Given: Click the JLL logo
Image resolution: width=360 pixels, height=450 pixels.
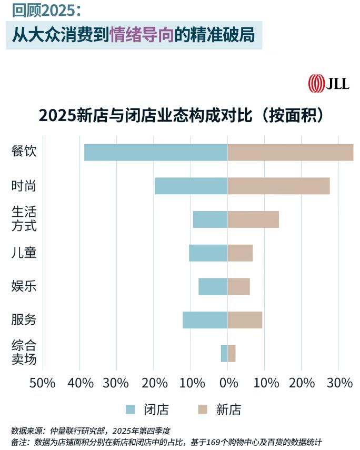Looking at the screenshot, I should pos(328,83).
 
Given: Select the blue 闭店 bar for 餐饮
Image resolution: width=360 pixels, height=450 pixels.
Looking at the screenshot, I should pos(156,152).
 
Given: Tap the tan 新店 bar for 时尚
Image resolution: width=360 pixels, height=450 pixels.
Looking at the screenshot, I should pos(278,186).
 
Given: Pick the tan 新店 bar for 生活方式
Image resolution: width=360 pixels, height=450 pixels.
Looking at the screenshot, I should pos(253,219).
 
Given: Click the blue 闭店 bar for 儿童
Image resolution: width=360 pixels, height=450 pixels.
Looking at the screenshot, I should pos(208,253).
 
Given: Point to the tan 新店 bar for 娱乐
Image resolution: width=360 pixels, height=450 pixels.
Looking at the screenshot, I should pos(239,286).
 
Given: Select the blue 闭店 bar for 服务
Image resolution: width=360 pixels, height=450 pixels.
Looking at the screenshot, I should pos(205,320).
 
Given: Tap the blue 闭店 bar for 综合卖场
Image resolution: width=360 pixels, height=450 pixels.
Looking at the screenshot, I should pos(224,354).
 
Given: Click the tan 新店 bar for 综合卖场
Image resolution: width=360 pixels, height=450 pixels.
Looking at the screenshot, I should pos(232,354).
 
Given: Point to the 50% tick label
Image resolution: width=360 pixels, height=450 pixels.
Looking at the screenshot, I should pos(43,383).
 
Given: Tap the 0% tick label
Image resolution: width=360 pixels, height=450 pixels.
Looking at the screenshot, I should pos(227,383).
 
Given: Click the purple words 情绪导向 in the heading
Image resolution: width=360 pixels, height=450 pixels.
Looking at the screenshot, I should pos(142,35).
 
